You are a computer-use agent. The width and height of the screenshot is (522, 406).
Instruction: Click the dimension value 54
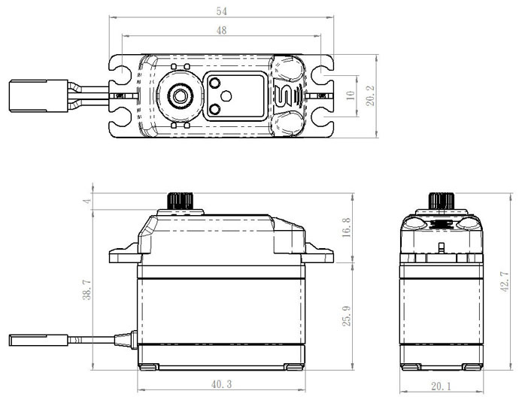coord(223,11)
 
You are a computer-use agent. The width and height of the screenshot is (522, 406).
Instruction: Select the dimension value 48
coord(223,31)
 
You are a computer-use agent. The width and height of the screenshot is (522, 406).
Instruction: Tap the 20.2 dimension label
coord(371,95)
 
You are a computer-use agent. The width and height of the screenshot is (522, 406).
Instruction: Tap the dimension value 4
coord(86,201)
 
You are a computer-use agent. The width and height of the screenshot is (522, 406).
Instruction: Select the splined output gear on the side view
coord(181,202)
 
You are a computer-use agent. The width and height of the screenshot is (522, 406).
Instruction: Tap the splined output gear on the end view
coord(439,201)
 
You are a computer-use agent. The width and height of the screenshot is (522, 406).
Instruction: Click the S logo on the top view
coord(284,96)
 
